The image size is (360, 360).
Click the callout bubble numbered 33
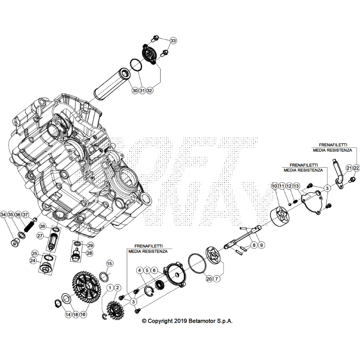point(173,40)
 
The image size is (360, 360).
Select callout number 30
point(134,91)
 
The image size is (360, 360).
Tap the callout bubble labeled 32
point(150,91)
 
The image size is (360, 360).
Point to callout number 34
point(4,215)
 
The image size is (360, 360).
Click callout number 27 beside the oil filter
point(40,236)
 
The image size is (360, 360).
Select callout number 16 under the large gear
point(83,314)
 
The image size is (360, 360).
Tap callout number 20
point(209,279)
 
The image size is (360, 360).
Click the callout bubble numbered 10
point(274,186)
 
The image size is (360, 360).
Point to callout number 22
point(356,168)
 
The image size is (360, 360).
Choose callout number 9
point(262,246)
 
